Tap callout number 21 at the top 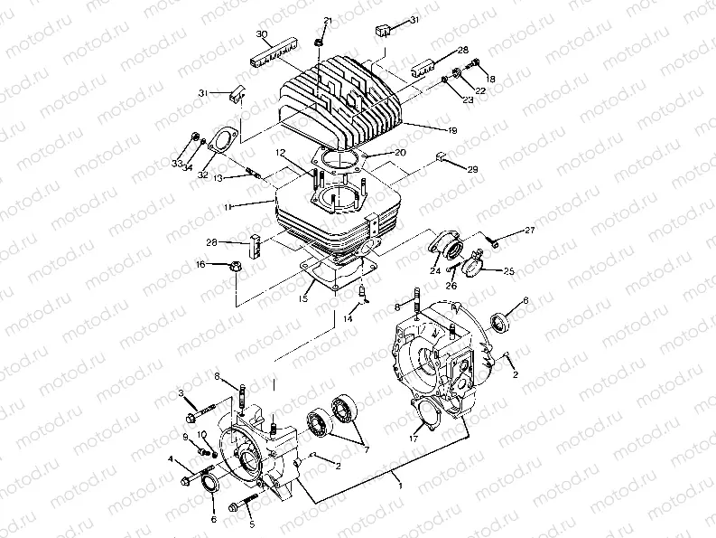tap(328, 21)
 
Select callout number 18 tap(491, 80)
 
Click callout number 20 tap(399, 155)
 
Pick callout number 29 tap(471, 169)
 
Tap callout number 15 tap(303, 297)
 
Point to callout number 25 tap(508, 271)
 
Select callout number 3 tap(181, 393)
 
